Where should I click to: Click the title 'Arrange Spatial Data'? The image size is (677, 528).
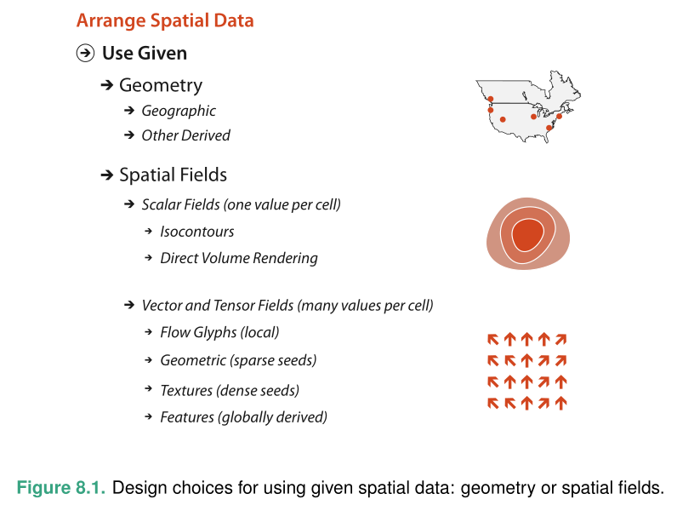165,20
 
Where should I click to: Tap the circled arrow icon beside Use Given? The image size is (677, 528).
86,53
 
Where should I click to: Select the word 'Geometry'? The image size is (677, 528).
161,86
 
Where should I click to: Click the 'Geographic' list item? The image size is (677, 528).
179,111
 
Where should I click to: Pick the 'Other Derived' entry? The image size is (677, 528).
186,135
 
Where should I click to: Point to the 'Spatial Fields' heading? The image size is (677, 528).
174,175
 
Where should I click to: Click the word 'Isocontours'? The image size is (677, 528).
196,232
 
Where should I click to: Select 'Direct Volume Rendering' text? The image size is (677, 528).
239,258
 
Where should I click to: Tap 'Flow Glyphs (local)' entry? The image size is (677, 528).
219,332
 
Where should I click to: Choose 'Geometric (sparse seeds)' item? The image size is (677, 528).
238,360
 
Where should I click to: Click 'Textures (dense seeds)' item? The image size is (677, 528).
230,391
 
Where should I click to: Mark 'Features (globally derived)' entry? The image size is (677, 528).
243,417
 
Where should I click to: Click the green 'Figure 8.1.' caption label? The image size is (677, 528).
61,488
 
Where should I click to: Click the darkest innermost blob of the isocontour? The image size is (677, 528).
527,235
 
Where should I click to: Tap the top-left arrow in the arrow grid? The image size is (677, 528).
492,340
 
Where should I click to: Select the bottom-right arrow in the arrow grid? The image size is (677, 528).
560,403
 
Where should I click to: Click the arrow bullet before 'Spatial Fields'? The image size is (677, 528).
106,175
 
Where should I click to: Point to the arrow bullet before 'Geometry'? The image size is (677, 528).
106,85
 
